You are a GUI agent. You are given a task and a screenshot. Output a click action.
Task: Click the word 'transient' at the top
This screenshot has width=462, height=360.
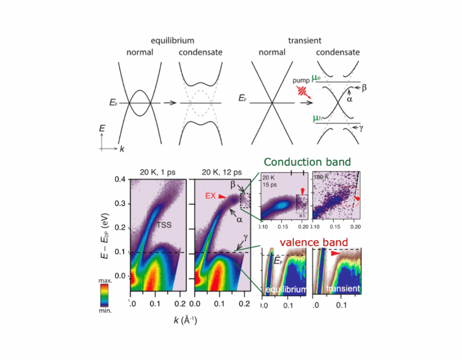click(305, 41)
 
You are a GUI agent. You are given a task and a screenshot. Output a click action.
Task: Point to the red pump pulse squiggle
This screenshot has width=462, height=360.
click(303, 92)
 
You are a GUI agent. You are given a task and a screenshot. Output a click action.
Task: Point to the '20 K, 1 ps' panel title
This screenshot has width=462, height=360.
click(156, 172)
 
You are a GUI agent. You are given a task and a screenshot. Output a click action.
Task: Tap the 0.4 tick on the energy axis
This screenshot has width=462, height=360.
click(119, 180)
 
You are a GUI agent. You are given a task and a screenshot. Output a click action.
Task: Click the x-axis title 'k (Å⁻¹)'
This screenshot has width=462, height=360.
click(185, 319)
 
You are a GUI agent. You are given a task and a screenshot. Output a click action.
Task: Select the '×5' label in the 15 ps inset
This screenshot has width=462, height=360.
click(301, 215)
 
